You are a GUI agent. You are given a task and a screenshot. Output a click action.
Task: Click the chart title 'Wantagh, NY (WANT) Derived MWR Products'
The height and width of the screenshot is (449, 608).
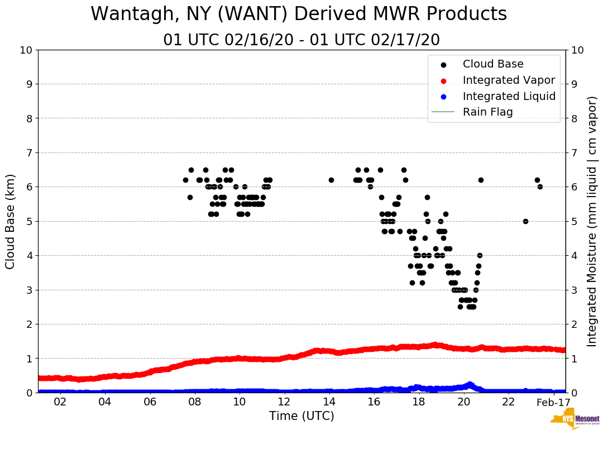click(x=299, y=14)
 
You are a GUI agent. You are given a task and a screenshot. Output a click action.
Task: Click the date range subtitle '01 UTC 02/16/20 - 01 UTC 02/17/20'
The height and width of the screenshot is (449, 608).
click(x=301, y=40)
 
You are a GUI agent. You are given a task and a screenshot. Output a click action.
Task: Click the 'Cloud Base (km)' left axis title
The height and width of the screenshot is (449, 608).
click(x=11, y=221)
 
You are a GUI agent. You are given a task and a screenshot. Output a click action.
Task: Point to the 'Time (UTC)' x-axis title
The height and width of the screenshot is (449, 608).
click(x=301, y=416)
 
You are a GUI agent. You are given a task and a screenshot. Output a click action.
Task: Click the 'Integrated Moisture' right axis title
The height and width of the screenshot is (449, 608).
click(x=592, y=221)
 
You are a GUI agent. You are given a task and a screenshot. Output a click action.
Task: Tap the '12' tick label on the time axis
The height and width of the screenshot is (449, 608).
click(x=285, y=402)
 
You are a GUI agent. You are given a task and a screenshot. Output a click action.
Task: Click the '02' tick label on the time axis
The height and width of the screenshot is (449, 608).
click(x=60, y=402)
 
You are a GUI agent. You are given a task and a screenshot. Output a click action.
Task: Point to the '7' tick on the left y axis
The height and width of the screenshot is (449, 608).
click(x=28, y=152)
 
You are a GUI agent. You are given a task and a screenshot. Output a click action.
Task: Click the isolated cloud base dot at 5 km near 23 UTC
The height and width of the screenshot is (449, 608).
click(x=525, y=221)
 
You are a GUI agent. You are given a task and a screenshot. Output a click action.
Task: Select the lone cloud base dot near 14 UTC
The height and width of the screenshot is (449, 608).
click(x=331, y=180)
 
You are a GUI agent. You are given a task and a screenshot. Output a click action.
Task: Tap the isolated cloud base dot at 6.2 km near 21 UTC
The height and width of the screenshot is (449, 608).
click(x=481, y=180)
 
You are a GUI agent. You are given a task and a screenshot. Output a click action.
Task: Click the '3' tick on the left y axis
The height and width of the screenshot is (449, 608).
click(x=28, y=290)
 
